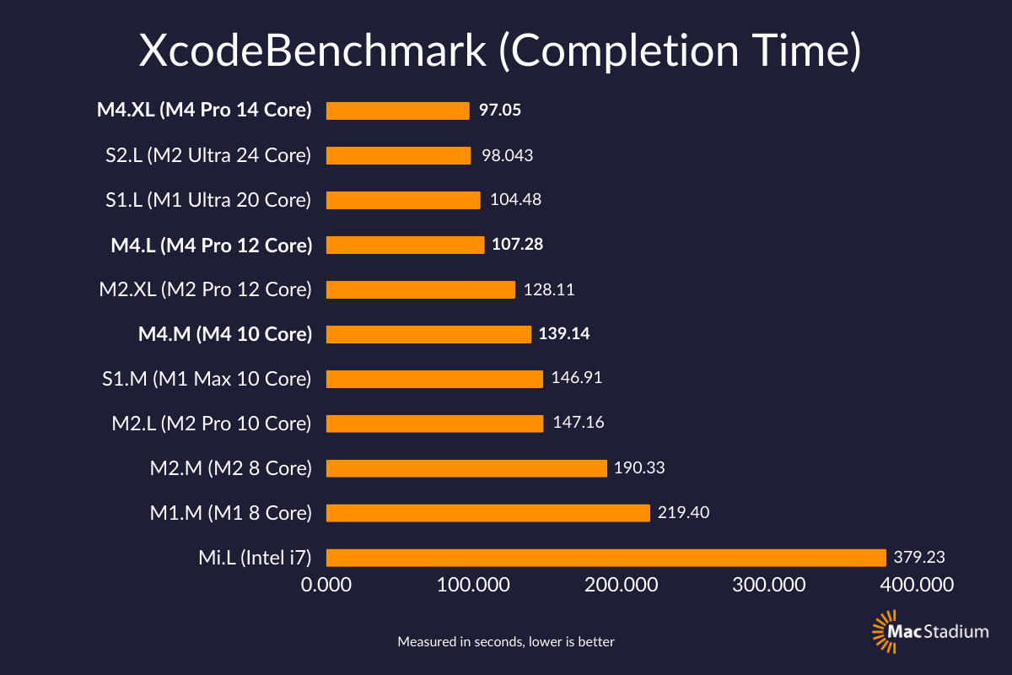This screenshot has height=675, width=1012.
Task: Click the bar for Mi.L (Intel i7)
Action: pyautogui.click(x=606, y=557)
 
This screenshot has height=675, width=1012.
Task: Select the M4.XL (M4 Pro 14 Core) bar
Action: pyautogui.click(x=397, y=111)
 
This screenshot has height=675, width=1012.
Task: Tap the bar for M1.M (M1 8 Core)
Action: pyautogui.click(x=487, y=512)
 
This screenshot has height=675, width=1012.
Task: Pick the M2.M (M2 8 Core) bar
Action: pyautogui.click(x=466, y=467)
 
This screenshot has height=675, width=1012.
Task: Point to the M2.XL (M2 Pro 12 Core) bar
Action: pyautogui.click(x=420, y=289)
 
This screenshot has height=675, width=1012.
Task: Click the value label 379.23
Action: pyautogui.click(x=919, y=557)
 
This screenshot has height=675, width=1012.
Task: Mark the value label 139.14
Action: pyautogui.click(x=564, y=334)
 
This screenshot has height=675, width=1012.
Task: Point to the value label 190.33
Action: pyautogui.click(x=640, y=467)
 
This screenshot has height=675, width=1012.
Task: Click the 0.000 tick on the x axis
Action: pyautogui.click(x=326, y=584)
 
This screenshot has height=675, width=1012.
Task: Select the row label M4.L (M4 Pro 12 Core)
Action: pyautogui.click(x=212, y=245)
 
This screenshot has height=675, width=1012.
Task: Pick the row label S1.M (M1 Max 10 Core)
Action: pyautogui.click(x=206, y=379)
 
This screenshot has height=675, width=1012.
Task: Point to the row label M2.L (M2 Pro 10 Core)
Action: pyautogui.click(x=212, y=423)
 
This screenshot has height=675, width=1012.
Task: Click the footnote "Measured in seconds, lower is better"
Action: pyautogui.click(x=506, y=642)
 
